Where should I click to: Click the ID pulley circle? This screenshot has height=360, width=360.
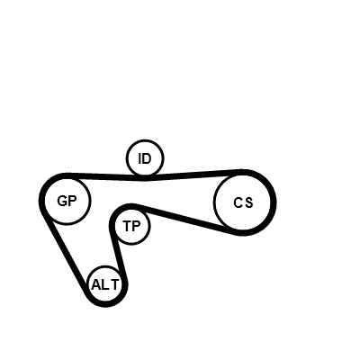coord(145,139)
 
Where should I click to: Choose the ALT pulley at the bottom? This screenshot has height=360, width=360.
coord(105,266)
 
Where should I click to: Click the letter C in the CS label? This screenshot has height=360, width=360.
coord(238,202)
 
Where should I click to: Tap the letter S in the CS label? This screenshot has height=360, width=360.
coord(249,202)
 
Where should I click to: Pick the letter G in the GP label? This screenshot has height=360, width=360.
coord(62,201)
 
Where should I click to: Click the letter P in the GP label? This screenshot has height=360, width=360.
coord(73,201)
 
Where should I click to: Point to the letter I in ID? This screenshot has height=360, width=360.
coord(139,158)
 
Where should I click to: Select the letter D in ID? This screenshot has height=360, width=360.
coord(147,158)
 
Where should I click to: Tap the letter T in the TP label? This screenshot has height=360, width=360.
coord(127,226)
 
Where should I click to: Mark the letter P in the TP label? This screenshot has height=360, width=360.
coord(136,226)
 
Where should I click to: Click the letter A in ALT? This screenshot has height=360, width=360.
coord(96,284)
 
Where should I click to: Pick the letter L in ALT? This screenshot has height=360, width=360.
coord(105,284)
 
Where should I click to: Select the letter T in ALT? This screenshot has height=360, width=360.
coord(115,284)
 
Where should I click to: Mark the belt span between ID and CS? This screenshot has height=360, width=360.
coord(195,175)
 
